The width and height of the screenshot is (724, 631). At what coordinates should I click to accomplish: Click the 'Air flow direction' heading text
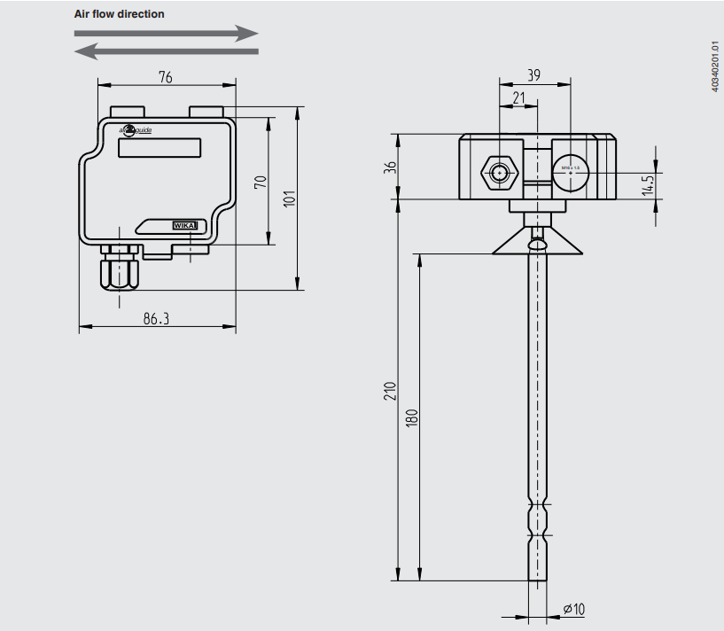(119, 14)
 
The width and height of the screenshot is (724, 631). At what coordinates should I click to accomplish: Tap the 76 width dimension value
(165, 77)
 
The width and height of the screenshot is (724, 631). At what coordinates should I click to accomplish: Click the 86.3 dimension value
(156, 318)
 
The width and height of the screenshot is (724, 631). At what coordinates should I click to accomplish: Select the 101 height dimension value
(288, 200)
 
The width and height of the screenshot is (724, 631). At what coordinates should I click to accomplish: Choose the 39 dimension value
(534, 76)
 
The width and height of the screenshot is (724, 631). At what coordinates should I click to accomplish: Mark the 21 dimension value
(519, 97)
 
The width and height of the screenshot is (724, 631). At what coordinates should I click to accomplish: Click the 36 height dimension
(389, 167)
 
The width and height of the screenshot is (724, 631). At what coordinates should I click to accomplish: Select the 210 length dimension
(389, 391)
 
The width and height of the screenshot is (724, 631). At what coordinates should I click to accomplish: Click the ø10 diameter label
(574, 610)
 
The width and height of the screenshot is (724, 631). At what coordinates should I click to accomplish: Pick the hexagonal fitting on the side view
(500, 173)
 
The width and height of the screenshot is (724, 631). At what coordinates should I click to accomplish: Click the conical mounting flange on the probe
(538, 241)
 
